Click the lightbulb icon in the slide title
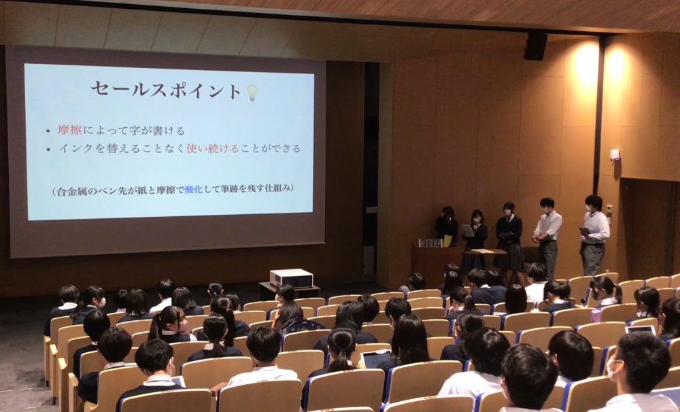252,92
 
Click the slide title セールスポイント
166,90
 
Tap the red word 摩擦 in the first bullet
70,130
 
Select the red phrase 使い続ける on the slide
212,148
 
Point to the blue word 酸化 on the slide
194,189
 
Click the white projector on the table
292,278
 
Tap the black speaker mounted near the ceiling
536,46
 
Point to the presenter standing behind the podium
447,226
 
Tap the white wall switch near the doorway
615,155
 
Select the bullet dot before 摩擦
48,131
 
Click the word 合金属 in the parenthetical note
69,190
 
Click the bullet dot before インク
48,150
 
